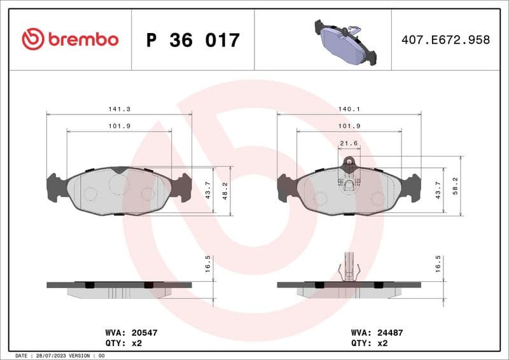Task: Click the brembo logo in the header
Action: tap(70, 39)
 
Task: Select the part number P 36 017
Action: tap(193, 40)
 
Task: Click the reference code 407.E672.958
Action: tap(445, 40)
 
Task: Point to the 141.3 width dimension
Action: tap(119, 109)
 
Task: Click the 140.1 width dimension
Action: tap(349, 109)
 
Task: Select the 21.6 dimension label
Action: tap(349, 143)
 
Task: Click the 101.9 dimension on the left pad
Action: tap(119, 126)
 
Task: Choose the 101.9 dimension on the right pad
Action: tap(349, 126)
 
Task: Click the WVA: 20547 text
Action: tap(122, 333)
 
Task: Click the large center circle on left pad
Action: tap(119, 184)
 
